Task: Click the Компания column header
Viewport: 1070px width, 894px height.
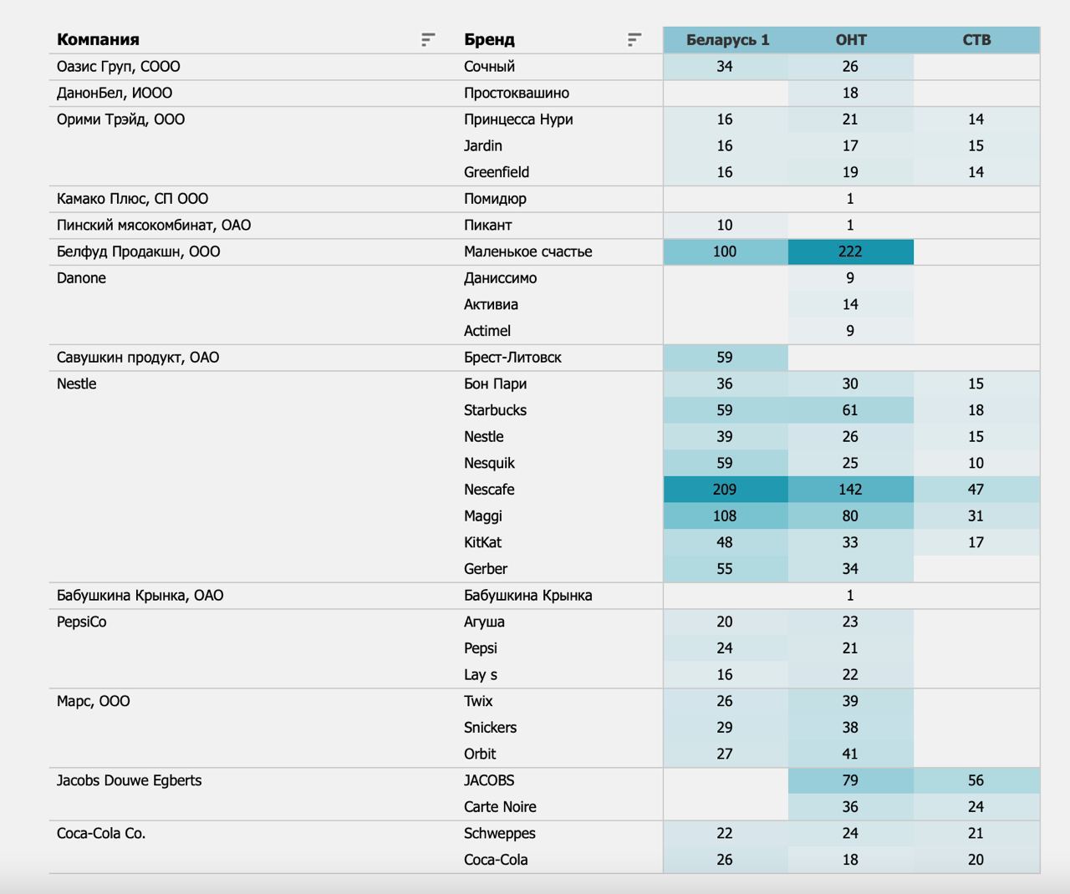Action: (x=98, y=40)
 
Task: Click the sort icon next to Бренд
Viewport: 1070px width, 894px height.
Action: (x=634, y=40)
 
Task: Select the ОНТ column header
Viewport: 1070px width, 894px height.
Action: (x=851, y=40)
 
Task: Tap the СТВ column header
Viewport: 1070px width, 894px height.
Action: (x=976, y=40)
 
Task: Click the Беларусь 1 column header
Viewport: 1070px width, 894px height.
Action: (x=727, y=40)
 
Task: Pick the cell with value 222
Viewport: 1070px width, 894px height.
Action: (x=850, y=251)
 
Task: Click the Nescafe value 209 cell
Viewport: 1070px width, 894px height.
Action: (x=725, y=490)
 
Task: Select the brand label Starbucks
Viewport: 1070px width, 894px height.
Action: (x=495, y=410)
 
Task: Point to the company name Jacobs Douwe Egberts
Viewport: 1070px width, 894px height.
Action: (x=129, y=780)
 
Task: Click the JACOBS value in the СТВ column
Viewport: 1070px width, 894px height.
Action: (x=976, y=780)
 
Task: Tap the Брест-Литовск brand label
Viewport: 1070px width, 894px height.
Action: (x=512, y=358)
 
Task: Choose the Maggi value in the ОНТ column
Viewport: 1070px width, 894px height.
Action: (x=850, y=516)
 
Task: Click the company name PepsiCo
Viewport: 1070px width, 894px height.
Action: (x=81, y=622)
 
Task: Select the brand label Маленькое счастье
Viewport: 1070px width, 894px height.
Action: (x=527, y=251)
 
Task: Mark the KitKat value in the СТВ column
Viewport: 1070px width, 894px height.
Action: (x=976, y=542)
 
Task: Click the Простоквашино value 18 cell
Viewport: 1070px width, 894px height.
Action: (x=850, y=93)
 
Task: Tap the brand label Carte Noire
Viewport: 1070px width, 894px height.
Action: (x=500, y=807)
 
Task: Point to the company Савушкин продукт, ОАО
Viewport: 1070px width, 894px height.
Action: (x=138, y=358)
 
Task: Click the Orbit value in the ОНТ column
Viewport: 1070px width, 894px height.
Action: (x=850, y=754)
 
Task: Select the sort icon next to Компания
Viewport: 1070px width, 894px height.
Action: (x=428, y=40)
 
